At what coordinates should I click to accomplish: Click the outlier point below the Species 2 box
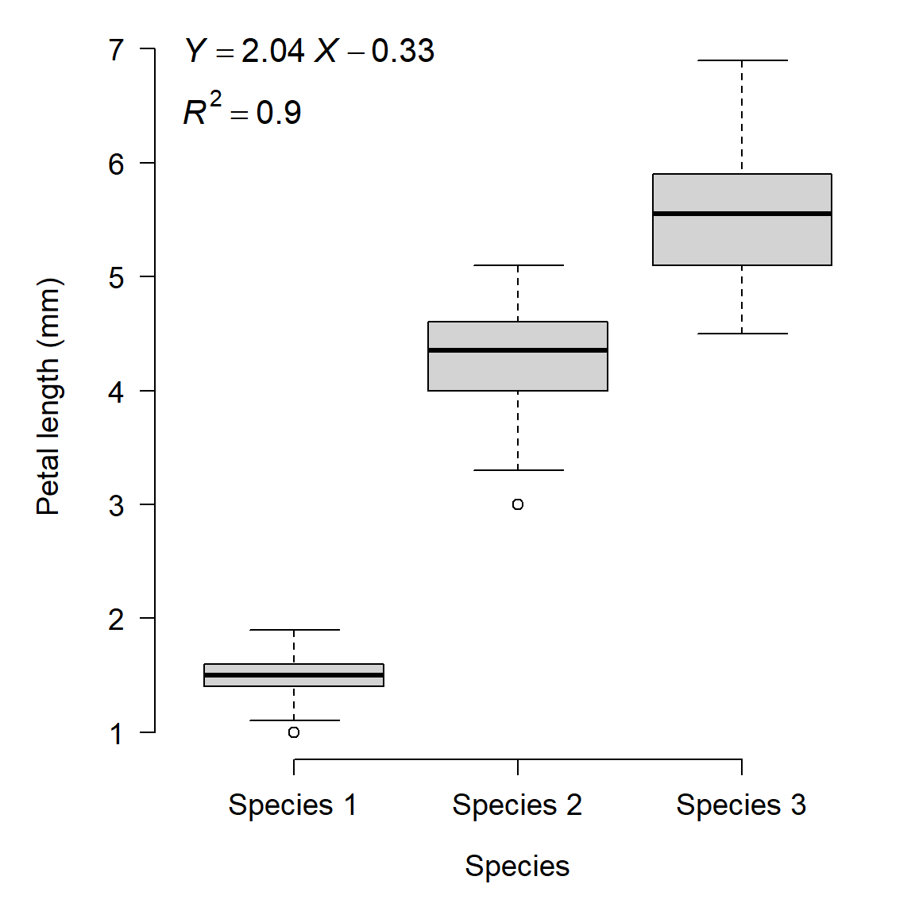pyautogui.click(x=518, y=504)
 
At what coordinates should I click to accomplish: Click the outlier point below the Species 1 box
pyautogui.click(x=294, y=732)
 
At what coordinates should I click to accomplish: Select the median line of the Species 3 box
pyautogui.click(x=742, y=214)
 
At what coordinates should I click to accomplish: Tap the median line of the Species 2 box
pyautogui.click(x=518, y=350)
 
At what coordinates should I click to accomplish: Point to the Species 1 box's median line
pyautogui.click(x=294, y=675)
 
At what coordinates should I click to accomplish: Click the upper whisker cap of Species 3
pyautogui.click(x=742, y=60)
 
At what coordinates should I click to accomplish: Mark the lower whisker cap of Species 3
pyautogui.click(x=742, y=334)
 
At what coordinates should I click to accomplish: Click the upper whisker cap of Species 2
pyautogui.click(x=518, y=265)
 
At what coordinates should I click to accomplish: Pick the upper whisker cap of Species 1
pyautogui.click(x=294, y=630)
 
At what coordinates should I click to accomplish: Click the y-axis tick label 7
pyautogui.click(x=117, y=51)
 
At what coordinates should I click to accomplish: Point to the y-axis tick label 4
pyautogui.click(x=117, y=392)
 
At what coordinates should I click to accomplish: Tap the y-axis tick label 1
pyautogui.click(x=117, y=734)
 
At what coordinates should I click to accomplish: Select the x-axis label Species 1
pyautogui.click(x=292, y=805)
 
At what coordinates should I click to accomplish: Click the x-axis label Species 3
pyautogui.click(x=740, y=805)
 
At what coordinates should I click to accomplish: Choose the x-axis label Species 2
pyautogui.click(x=517, y=805)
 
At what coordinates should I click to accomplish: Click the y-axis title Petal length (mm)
pyautogui.click(x=48, y=396)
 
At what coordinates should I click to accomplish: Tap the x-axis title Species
pyautogui.click(x=517, y=866)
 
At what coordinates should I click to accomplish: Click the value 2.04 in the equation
pyautogui.click(x=272, y=52)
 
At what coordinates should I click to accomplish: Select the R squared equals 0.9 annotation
pyautogui.click(x=242, y=111)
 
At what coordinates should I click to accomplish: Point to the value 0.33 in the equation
pyautogui.click(x=403, y=52)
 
